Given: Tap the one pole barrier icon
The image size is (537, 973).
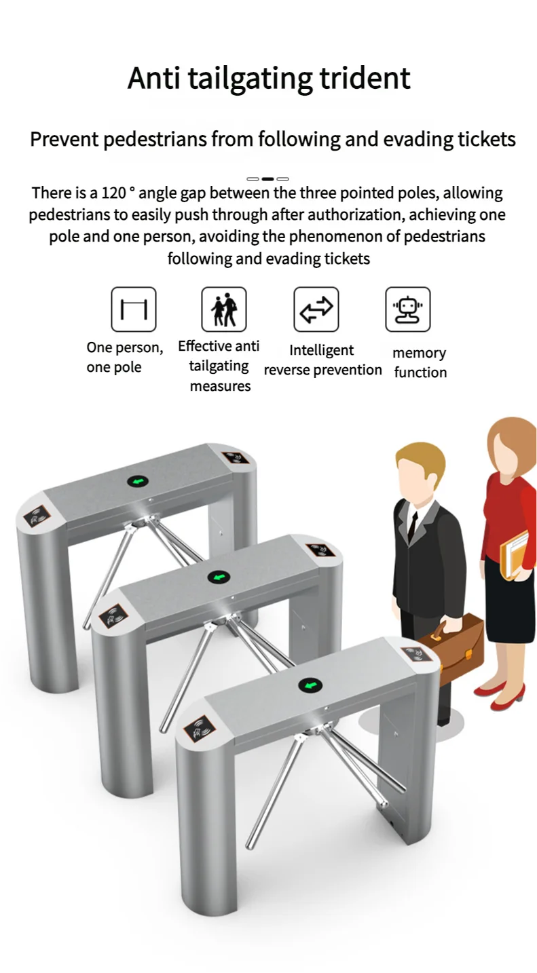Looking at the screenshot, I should point(134,309).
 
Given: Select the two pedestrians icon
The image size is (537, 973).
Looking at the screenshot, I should point(224,309).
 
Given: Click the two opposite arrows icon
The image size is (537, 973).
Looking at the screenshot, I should point(316,309).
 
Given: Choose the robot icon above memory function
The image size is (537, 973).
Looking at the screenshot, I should point(407,309).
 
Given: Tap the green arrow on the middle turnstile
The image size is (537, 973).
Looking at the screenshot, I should point(219,577).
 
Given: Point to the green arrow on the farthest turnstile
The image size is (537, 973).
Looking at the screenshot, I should point(138,482).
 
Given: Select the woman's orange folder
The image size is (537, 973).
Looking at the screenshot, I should point(515,554).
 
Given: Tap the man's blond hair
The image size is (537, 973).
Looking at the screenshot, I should point(421,458).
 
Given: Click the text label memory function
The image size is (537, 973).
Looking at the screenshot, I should point(420,362).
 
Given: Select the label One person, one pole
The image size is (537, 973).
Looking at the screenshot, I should point(124,358).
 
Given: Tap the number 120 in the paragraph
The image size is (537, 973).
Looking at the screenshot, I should point(113,193).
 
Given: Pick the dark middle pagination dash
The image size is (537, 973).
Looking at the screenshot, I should point(267,179).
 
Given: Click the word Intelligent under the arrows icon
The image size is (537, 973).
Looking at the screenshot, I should point(321,350).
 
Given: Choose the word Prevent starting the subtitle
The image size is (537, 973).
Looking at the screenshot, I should point(63,140).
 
